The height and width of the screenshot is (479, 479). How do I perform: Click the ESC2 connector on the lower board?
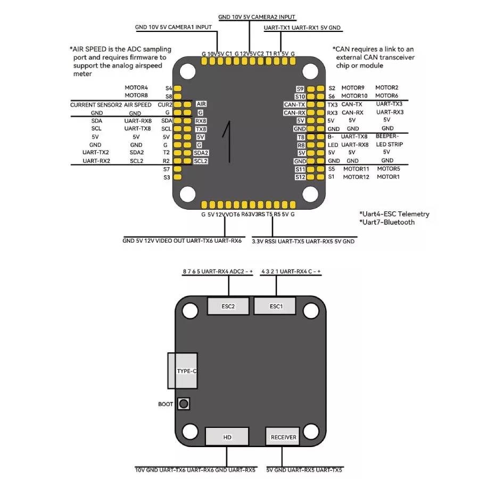[x=228, y=307]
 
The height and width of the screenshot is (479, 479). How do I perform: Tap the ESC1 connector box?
[x=275, y=307]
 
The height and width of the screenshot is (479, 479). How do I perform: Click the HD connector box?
[x=227, y=437]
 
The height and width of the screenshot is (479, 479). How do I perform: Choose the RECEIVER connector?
[x=283, y=437]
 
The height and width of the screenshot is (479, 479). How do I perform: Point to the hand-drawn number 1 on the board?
[x=229, y=141]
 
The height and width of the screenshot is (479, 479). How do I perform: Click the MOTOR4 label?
[x=136, y=87]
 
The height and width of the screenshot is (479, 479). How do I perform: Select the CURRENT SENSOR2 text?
[x=96, y=105]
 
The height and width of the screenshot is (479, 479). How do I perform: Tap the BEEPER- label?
[x=387, y=136]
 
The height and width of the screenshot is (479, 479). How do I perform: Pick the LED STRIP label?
[x=389, y=144]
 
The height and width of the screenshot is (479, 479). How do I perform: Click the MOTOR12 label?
[x=356, y=177]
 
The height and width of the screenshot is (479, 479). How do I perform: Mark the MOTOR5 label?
[x=389, y=169]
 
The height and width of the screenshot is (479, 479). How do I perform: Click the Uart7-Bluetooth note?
[x=387, y=222]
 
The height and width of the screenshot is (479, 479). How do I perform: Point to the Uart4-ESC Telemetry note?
[x=394, y=214]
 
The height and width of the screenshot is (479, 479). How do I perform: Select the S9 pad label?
[x=300, y=89]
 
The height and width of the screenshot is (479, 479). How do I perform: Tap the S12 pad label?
[x=300, y=177]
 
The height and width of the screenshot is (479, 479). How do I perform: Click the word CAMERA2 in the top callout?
[x=266, y=17]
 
